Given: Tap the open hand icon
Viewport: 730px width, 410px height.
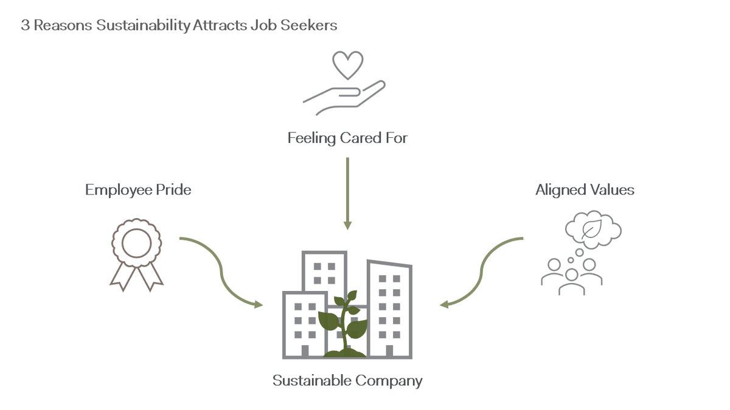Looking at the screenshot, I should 344,97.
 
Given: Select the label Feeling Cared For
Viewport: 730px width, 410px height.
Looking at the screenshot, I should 347,138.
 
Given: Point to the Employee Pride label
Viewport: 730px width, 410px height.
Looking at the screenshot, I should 138,190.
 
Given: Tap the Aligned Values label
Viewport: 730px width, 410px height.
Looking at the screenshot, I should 585,190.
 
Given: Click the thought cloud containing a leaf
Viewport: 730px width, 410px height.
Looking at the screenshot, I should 593,228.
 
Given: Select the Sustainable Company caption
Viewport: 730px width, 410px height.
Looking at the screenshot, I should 347,381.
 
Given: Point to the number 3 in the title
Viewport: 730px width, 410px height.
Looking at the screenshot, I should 24,26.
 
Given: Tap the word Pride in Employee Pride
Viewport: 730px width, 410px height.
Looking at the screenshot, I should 174,190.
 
